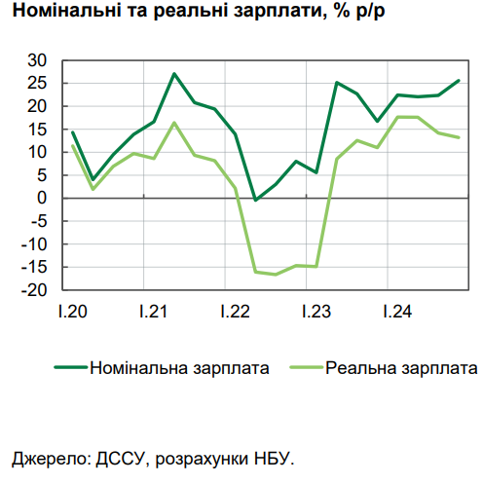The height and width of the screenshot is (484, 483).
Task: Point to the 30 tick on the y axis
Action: [x=38, y=60]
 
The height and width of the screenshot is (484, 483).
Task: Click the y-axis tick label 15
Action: [x=38, y=130]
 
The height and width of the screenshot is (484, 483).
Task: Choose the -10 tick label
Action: [x=35, y=243]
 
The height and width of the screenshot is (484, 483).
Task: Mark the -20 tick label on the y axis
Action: [x=35, y=289]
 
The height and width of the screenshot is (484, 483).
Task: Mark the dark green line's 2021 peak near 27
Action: [x=174, y=74]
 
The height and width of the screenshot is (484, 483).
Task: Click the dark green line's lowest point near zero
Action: [x=255, y=200]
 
